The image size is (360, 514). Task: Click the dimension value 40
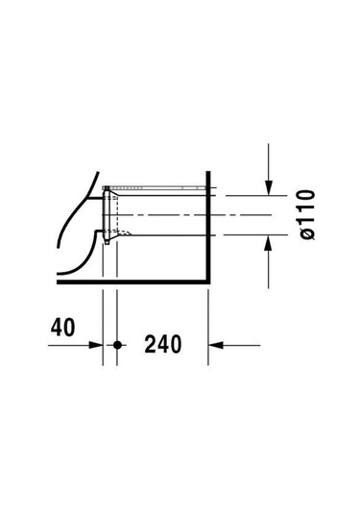pyautogui.click(x=63, y=328)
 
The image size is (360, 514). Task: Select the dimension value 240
pyautogui.click(x=163, y=344)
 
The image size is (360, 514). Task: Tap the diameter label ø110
pyautogui.click(x=307, y=214)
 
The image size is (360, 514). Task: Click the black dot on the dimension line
pyautogui.click(x=117, y=345)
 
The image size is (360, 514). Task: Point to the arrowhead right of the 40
pyautogui.click(x=96, y=345)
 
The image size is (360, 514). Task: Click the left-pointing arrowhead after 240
pyautogui.click(x=216, y=345)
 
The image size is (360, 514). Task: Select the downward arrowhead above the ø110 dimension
pyautogui.click(x=268, y=188)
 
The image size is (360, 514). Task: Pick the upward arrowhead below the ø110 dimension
pyautogui.click(x=268, y=242)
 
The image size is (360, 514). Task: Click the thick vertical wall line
pyautogui.click(x=207, y=227)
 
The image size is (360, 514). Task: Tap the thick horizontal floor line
pyautogui.click(x=133, y=281)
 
